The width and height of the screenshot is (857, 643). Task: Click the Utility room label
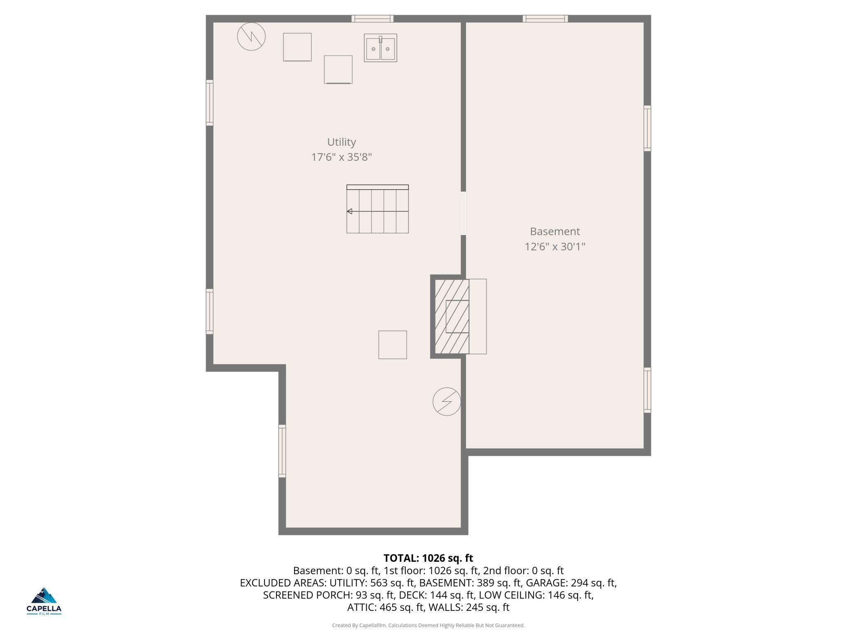coord(341,142)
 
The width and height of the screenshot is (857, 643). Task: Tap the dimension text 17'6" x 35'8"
coord(341,157)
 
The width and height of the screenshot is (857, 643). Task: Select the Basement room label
coord(555,231)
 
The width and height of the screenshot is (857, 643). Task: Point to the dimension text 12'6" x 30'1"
coord(555,246)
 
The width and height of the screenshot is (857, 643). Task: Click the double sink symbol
coord(380,48)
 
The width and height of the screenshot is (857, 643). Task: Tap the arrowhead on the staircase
coord(349,211)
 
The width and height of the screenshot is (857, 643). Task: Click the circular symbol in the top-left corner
coord(251,37)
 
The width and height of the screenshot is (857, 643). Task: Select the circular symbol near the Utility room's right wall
coord(447,401)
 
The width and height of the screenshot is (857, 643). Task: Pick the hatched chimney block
coord(452,317)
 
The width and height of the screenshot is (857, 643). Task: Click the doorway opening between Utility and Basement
coord(463,213)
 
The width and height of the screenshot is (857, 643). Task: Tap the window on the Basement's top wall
coord(545,19)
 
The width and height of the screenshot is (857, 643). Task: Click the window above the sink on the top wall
coord(372,19)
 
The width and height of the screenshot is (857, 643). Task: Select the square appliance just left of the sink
coord(338,70)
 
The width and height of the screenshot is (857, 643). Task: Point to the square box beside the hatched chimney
coord(392,345)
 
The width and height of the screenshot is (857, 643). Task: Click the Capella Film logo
coord(44,601)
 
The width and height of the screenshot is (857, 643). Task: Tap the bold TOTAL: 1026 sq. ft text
coord(428,558)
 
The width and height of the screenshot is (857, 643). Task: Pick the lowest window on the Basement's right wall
coord(647,390)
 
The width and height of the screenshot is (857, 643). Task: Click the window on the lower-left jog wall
coord(282,451)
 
